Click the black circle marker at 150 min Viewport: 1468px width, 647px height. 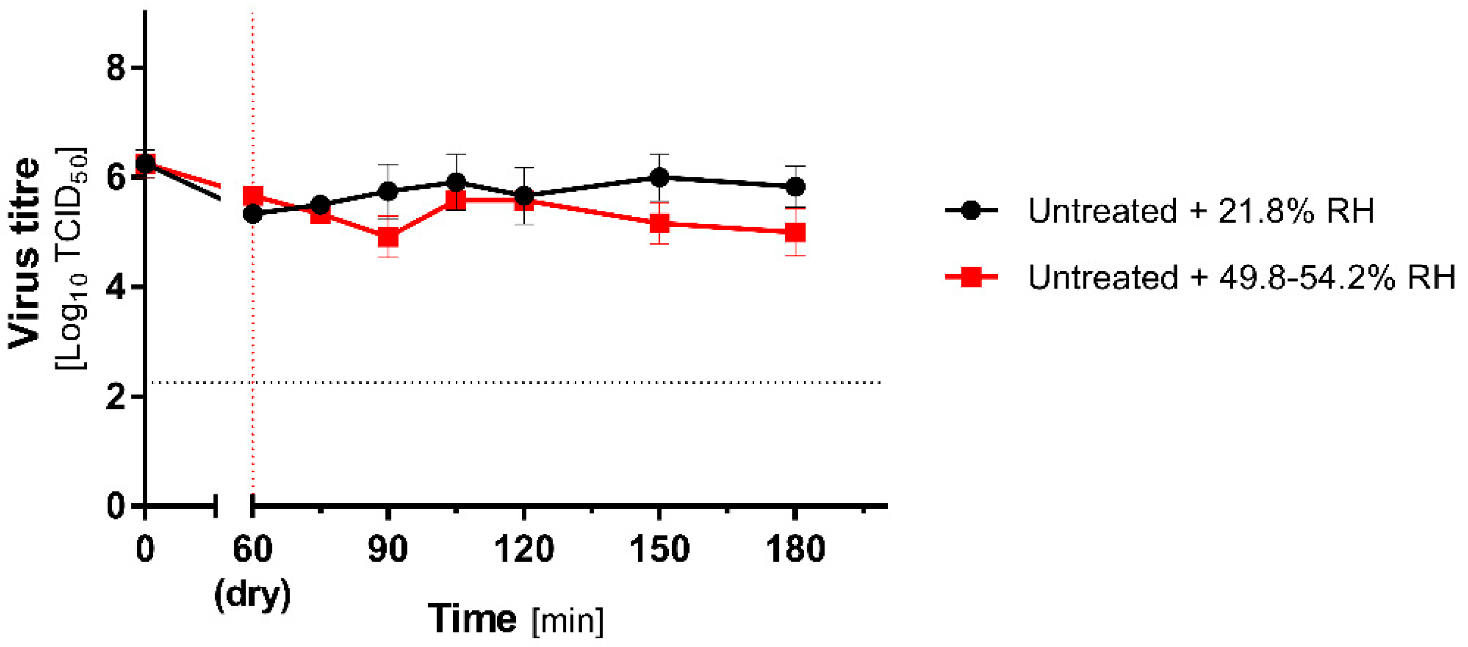[x=659, y=177]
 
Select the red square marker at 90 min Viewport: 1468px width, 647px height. [x=388, y=237]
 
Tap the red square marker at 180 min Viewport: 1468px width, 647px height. [x=795, y=232]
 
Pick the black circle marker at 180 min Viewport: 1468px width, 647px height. [x=795, y=187]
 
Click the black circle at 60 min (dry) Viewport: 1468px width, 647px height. [x=253, y=215]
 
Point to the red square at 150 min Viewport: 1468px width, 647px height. [x=659, y=223]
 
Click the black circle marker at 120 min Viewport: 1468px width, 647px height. [x=524, y=197]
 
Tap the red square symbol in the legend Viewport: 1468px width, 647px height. [x=971, y=278]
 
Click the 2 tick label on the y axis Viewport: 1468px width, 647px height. [x=116, y=397]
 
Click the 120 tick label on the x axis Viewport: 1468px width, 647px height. [x=524, y=550]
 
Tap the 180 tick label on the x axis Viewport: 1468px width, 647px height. [x=795, y=550]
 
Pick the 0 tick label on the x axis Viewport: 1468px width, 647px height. [x=145, y=550]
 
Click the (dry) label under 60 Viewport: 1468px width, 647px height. [x=253, y=596]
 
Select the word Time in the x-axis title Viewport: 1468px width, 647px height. [x=472, y=619]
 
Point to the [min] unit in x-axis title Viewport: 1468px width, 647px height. [x=567, y=621]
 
